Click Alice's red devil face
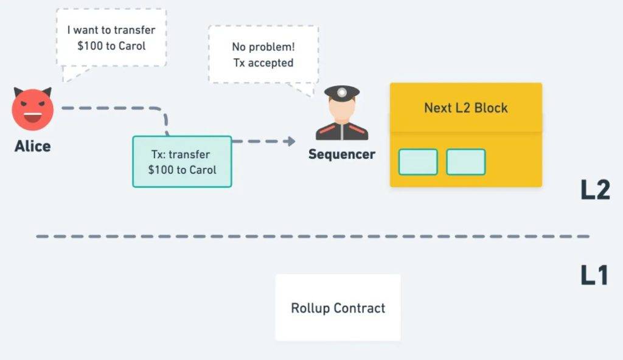[33, 109]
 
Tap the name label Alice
[33, 146]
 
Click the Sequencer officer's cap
[342, 92]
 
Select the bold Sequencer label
[342, 154]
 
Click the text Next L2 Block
[465, 108]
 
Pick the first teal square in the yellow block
[418, 162]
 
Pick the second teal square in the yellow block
[465, 162]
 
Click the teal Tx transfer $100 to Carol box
[182, 162]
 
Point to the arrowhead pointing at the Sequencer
[291, 141]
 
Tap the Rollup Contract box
[338, 307]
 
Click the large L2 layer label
[595, 190]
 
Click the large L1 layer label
[594, 275]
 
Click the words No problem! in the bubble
[263, 46]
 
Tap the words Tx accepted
[263, 63]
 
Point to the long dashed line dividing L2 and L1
[313, 237]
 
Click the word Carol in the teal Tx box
[202, 170]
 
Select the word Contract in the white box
[360, 308]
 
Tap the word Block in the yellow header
[491, 108]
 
